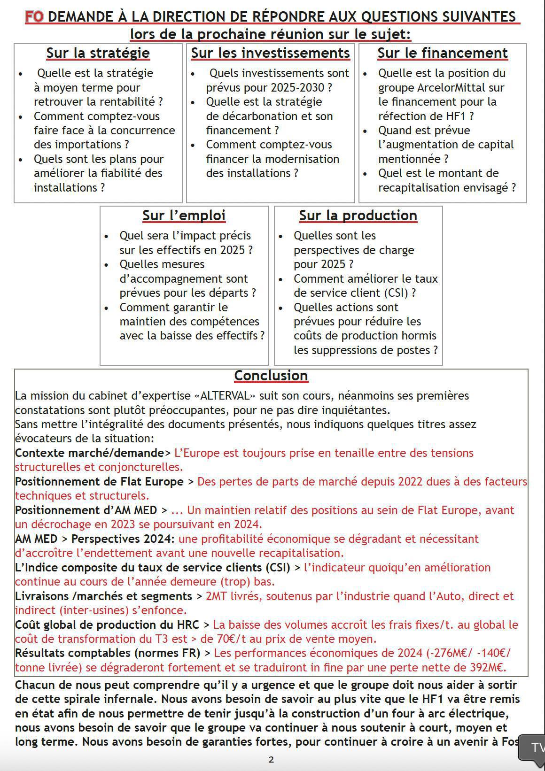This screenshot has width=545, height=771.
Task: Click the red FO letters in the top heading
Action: [x=34, y=17]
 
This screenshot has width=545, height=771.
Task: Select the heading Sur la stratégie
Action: [x=98, y=53]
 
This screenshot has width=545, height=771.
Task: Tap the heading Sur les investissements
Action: [x=270, y=53]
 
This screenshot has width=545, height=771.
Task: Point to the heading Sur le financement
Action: [x=443, y=53]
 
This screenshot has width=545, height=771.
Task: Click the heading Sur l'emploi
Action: [x=184, y=216]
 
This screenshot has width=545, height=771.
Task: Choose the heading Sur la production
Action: [x=358, y=216]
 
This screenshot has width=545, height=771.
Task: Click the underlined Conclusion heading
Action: [x=271, y=376]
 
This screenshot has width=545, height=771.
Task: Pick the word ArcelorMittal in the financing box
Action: [x=460, y=88]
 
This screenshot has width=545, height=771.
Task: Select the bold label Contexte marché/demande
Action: [x=89, y=453]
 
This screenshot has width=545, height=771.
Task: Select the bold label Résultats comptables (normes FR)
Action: [x=107, y=653]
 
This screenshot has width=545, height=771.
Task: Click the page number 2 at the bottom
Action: [x=271, y=759]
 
